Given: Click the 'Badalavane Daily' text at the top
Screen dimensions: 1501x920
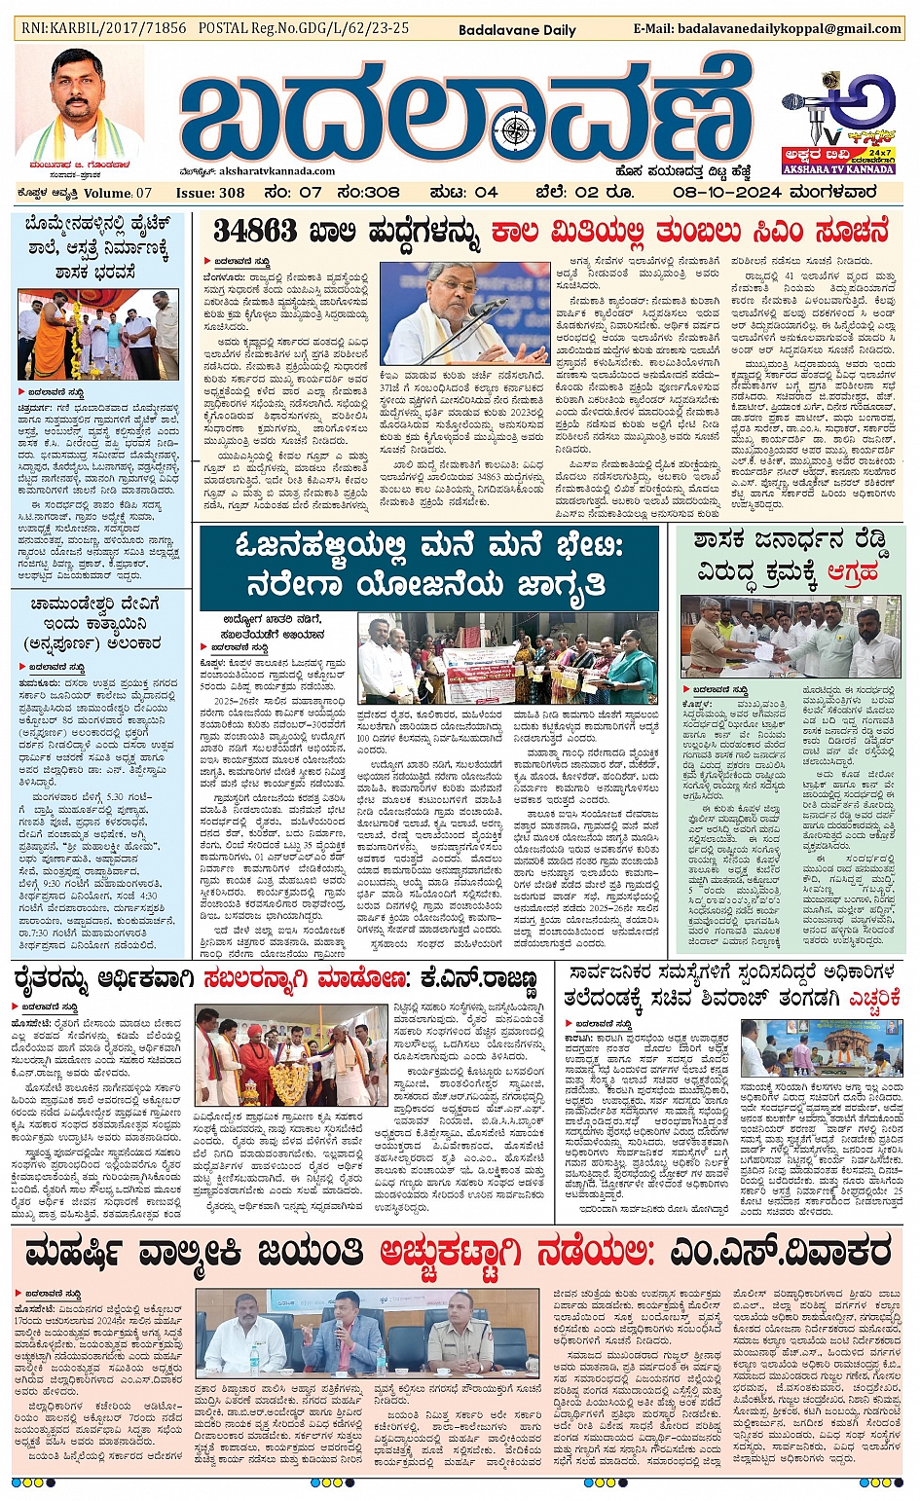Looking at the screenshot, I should [x=517, y=29].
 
